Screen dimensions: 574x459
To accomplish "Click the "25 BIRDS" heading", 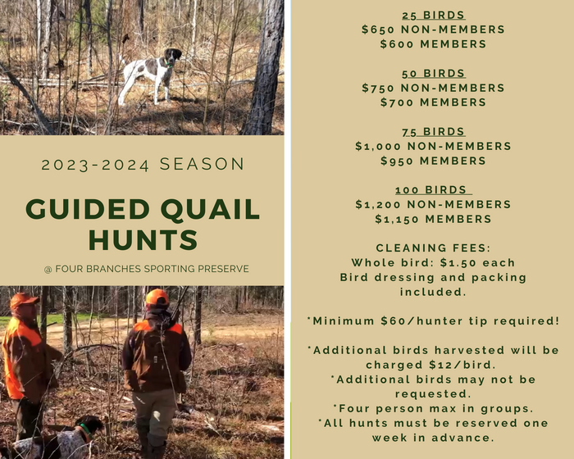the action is pos(433,15).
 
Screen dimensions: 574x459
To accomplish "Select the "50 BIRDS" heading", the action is pos(433,73).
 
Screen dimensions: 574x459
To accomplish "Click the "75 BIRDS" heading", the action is pos(433,131).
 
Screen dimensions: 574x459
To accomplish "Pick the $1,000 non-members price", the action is pos(378,146).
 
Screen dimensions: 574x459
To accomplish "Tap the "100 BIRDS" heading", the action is pos(433,189).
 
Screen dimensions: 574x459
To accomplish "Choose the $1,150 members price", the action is pos(397,219).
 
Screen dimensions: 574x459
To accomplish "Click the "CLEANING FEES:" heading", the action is pos(433,248).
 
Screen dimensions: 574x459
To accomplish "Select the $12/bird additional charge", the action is pos(462,365).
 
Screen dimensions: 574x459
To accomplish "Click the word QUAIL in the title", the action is pos(210,210).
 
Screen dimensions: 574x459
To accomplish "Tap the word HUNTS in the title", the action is pos(143,240).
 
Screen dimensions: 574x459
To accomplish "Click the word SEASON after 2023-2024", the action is pos(202,164).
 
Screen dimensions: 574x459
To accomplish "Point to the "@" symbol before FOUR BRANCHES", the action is pos(48,270).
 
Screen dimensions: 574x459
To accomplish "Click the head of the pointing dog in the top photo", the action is pos(173,55).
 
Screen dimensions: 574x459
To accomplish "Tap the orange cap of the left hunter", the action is pos(24,300).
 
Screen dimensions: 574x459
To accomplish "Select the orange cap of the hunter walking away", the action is pos(157,297).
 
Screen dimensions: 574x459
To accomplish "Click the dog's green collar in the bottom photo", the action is pos(85,429).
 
